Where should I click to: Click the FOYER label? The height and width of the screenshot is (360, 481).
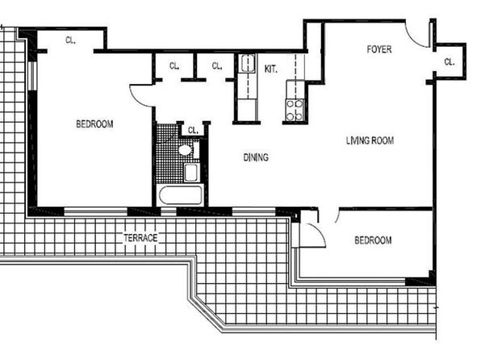coord(379,49)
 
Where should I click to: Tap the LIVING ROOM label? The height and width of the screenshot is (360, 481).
coord(370,140)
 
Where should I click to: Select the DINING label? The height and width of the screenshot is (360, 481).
coord(256,157)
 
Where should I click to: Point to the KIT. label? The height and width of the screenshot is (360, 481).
coord(271,69)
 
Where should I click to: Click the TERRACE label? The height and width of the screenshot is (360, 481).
coord(140,238)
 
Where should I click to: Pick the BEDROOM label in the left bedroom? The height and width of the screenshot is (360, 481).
coord(94,124)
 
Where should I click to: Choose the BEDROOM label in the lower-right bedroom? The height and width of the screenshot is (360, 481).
coord(373,240)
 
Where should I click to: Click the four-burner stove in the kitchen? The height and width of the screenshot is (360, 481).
coord(295,110)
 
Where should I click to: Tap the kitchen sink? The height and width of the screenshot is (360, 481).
coord(248,63)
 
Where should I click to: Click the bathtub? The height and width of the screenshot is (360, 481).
coord(180,195)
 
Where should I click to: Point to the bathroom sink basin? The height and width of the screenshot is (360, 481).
coord(191,173)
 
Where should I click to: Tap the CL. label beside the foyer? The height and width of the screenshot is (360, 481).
coord(450,62)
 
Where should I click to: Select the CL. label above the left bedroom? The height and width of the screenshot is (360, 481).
coord(70,40)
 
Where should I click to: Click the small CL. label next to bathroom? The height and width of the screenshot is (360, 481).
coord(193,131)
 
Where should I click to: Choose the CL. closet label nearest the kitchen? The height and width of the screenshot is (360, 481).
coord(217,65)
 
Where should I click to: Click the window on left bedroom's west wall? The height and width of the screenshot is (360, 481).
coord(32,76)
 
